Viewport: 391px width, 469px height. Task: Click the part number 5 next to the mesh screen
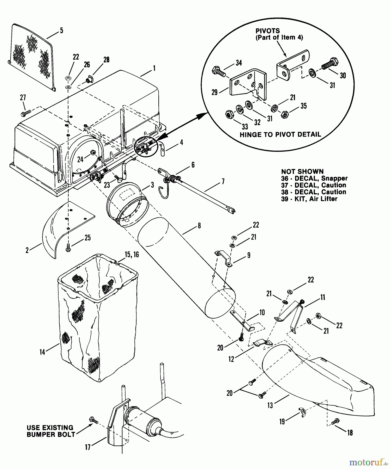pyautogui.click(x=61, y=30)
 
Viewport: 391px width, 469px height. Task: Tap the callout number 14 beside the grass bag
pyautogui.click(x=42, y=352)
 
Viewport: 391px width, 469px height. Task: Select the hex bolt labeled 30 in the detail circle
pyautogui.click(x=330, y=64)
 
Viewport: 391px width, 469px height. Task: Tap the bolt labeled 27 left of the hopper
pyautogui.click(x=26, y=113)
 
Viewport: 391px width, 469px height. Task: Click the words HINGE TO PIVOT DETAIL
pyautogui.click(x=280, y=135)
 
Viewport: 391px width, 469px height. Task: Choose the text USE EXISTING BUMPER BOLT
pyautogui.click(x=51, y=431)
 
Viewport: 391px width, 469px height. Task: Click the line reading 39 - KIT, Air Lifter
pyautogui.click(x=309, y=199)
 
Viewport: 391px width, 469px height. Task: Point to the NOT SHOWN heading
pyautogui.click(x=302, y=171)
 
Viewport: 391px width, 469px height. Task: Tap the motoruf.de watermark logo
pyautogui.click(x=368, y=462)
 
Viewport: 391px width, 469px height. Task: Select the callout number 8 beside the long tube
pyautogui.click(x=199, y=225)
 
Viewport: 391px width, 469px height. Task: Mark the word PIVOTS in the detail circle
pyautogui.click(x=268, y=31)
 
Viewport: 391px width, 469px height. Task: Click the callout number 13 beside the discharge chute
pyautogui.click(x=270, y=405)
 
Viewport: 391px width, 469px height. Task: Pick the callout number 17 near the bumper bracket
pyautogui.click(x=88, y=447)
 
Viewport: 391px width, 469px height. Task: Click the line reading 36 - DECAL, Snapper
pyautogui.click(x=314, y=178)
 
